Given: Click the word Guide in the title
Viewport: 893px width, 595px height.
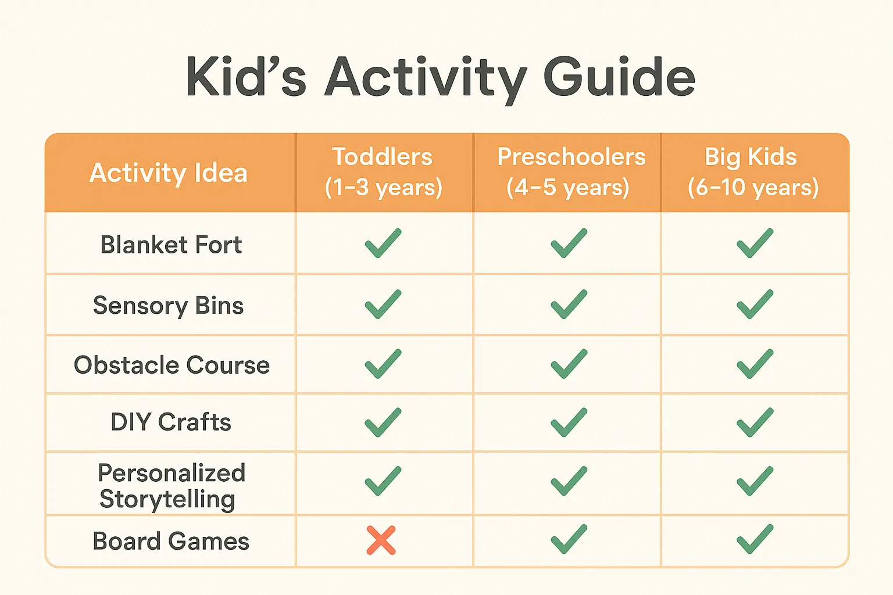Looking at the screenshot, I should pyautogui.click(x=619, y=77).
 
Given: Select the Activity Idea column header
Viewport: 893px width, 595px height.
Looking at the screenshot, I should pyautogui.click(x=169, y=173).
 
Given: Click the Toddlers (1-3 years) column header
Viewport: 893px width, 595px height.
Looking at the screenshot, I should pyautogui.click(x=383, y=172).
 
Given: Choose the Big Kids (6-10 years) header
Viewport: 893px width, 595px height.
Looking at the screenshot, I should pyautogui.click(x=753, y=172).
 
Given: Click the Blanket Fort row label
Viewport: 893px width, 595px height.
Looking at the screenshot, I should pyautogui.click(x=171, y=245).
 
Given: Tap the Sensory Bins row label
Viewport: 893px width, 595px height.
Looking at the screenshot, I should pyautogui.click(x=169, y=306).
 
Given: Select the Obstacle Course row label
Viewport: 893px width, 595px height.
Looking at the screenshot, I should pyautogui.click(x=172, y=365).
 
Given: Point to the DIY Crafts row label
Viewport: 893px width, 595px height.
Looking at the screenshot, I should pyautogui.click(x=171, y=422).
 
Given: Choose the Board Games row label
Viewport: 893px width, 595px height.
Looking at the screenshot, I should pyautogui.click(x=171, y=541).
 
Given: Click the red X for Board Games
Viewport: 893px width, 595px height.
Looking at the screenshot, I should pyautogui.click(x=381, y=540).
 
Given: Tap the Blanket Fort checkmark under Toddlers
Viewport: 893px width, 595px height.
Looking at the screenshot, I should pyautogui.click(x=383, y=243).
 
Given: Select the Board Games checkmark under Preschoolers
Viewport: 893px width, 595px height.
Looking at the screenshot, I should pyautogui.click(x=569, y=539).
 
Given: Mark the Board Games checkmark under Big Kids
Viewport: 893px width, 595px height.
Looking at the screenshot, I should pyautogui.click(x=755, y=539).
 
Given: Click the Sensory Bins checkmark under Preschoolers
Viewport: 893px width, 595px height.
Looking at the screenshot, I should pyautogui.click(x=569, y=304).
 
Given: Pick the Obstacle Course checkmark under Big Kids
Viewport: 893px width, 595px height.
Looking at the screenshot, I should pyautogui.click(x=755, y=364).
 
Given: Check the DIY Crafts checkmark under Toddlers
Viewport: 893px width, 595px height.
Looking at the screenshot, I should pyautogui.click(x=383, y=422).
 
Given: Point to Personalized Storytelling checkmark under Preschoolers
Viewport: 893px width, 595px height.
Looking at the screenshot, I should pyautogui.click(x=569, y=481).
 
